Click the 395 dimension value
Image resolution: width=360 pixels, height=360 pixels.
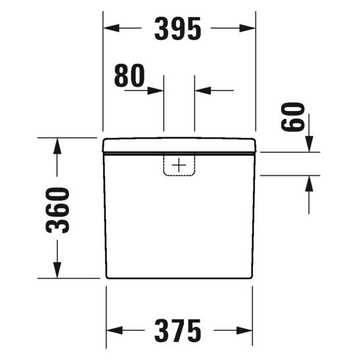click(x=178, y=29)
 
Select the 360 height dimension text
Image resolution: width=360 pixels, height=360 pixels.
click(x=58, y=210)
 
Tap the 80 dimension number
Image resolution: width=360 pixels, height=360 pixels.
click(x=128, y=77)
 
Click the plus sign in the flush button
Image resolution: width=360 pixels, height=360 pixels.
click(x=179, y=164)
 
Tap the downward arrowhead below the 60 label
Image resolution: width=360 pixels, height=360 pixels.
click(x=309, y=144)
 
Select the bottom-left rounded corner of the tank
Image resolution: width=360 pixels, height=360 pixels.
click(x=107, y=275)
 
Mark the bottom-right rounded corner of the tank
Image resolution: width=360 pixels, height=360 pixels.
click(x=251, y=275)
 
